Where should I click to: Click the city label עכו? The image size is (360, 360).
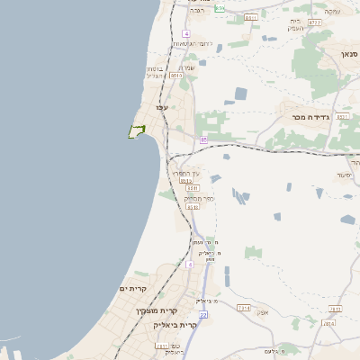(x=162, y=108)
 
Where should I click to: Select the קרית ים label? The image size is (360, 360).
(x=132, y=288)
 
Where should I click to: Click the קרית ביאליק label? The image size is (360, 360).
(x=175, y=324)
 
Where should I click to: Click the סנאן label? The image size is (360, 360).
(x=349, y=55)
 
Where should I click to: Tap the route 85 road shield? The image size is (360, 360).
(x=204, y=139)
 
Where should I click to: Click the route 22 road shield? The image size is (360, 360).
(x=203, y=314)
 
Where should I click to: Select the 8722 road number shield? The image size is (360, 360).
(x=314, y=22)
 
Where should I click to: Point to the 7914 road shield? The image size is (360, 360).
(x=243, y=308)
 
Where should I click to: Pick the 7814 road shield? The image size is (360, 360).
(x=328, y=323)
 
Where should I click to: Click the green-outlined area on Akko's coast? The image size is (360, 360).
(x=137, y=131)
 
